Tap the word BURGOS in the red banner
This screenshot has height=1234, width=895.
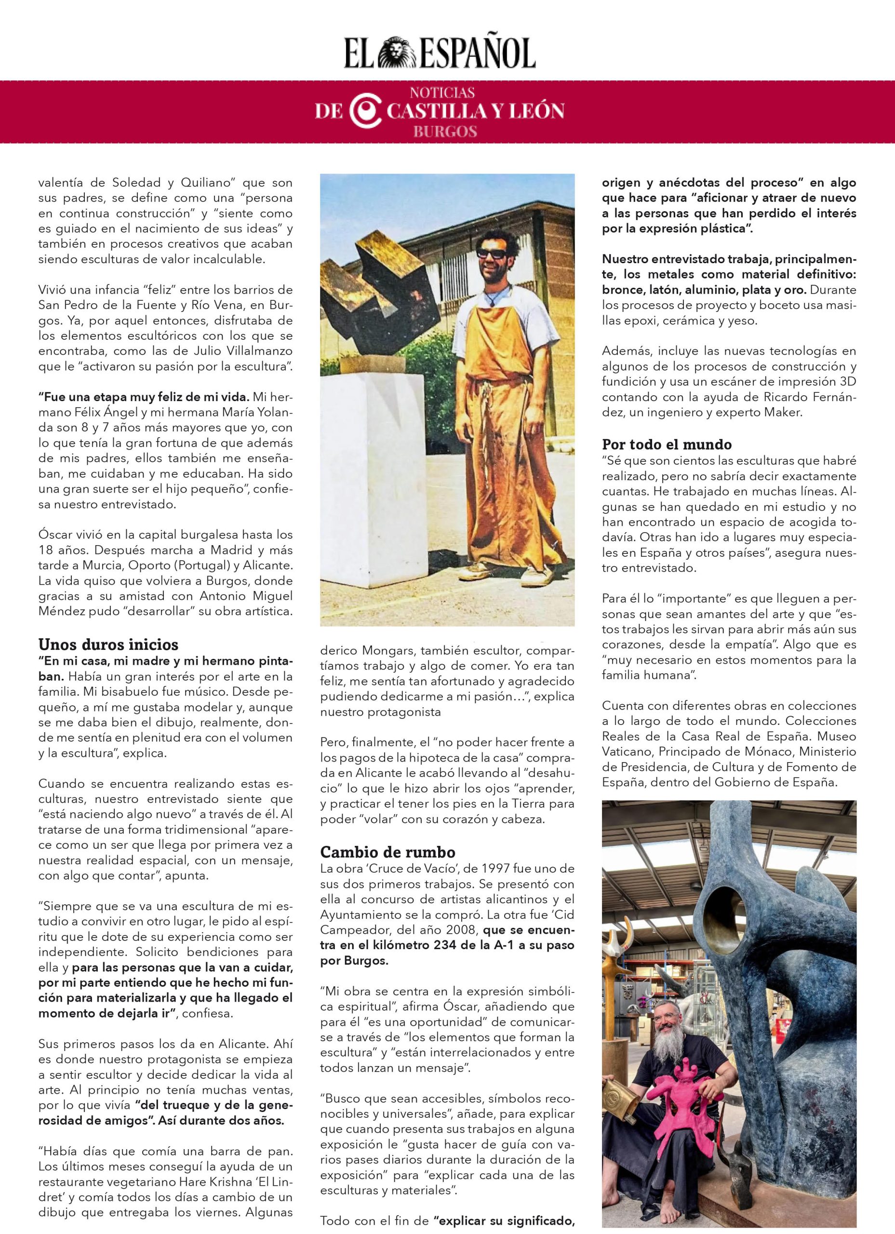click(444, 131)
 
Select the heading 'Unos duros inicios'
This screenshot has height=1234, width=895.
click(108, 645)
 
